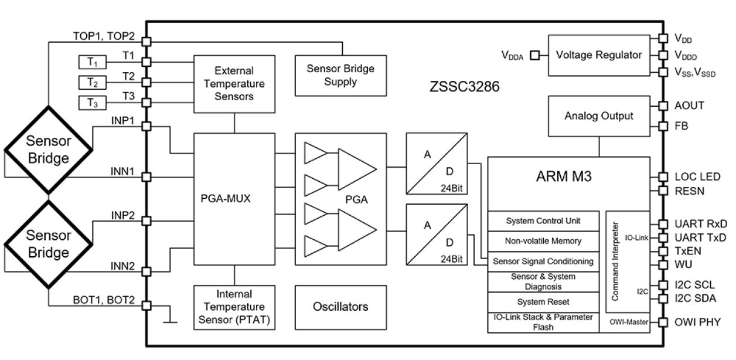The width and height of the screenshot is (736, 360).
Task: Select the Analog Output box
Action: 598,116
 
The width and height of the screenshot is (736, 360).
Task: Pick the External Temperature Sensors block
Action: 234,84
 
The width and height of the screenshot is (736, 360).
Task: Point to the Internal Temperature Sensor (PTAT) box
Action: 234,307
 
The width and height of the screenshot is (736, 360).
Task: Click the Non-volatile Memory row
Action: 543,241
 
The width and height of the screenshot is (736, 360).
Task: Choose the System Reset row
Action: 543,302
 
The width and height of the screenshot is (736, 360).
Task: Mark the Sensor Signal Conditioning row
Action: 543,261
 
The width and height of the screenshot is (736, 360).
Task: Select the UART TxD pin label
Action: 700,237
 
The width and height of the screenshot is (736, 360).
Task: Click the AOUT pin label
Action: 689,106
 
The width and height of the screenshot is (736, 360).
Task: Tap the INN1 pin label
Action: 122,172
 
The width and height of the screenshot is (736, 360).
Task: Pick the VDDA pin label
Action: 513,56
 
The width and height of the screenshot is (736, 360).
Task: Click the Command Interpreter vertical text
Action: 615,261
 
